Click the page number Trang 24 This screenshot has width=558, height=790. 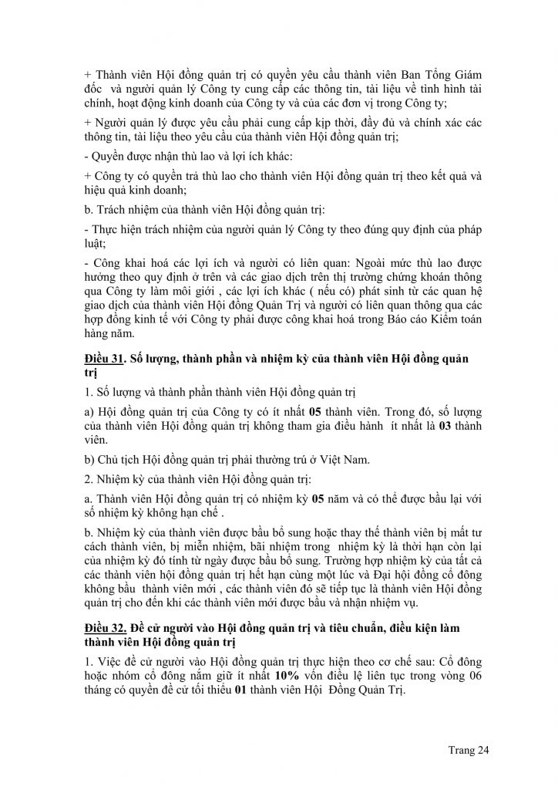click(468, 749)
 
